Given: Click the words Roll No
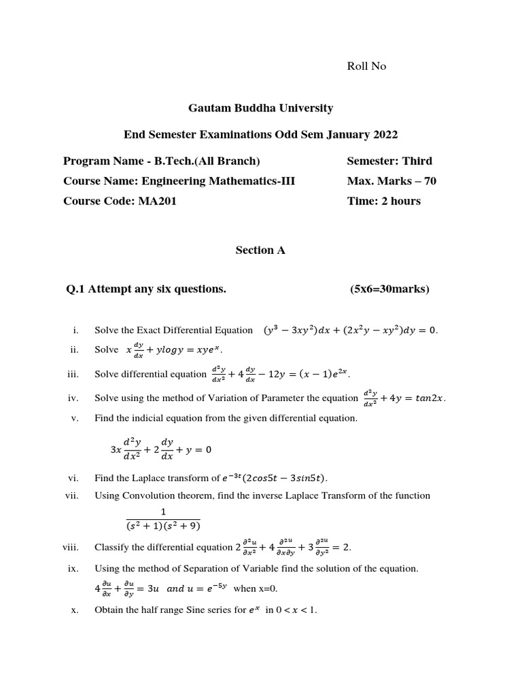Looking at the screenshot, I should pyautogui.click(x=366, y=66).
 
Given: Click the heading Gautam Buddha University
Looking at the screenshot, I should pyautogui.click(x=260, y=108).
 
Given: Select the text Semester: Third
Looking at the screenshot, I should pyautogui.click(x=389, y=161).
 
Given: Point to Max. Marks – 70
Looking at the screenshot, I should pyautogui.click(x=391, y=181).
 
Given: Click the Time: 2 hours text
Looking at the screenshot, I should pyautogui.click(x=383, y=201).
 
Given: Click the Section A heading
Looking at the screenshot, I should pyautogui.click(x=260, y=250).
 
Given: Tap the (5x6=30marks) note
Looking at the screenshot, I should pyautogui.click(x=389, y=289).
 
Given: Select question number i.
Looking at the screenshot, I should pyautogui.click(x=76, y=331).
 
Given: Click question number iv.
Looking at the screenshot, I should pyautogui.click(x=74, y=398).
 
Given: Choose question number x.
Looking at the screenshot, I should pyautogui.click(x=75, y=610).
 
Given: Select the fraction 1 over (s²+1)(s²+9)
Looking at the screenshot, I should pyautogui.click(x=163, y=519).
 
